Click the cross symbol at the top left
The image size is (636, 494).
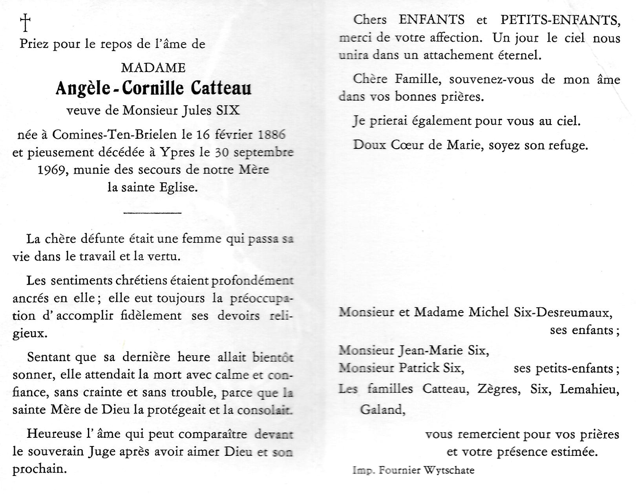pyautogui.click(x=25, y=22)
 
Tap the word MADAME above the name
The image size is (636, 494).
pyautogui.click(x=153, y=68)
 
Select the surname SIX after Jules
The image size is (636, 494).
pyautogui.click(x=228, y=110)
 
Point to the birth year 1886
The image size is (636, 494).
pyautogui.click(x=271, y=135)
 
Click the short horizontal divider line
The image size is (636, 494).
pyautogui.click(x=152, y=213)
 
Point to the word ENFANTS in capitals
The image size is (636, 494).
pyautogui.click(x=431, y=20)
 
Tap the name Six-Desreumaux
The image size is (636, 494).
pyautogui.click(x=563, y=312)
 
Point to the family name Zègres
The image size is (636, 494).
pyautogui.click(x=499, y=389)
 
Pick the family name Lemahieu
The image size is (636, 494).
pyautogui.click(x=589, y=389)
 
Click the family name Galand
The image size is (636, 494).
pyautogui.click(x=382, y=410)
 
